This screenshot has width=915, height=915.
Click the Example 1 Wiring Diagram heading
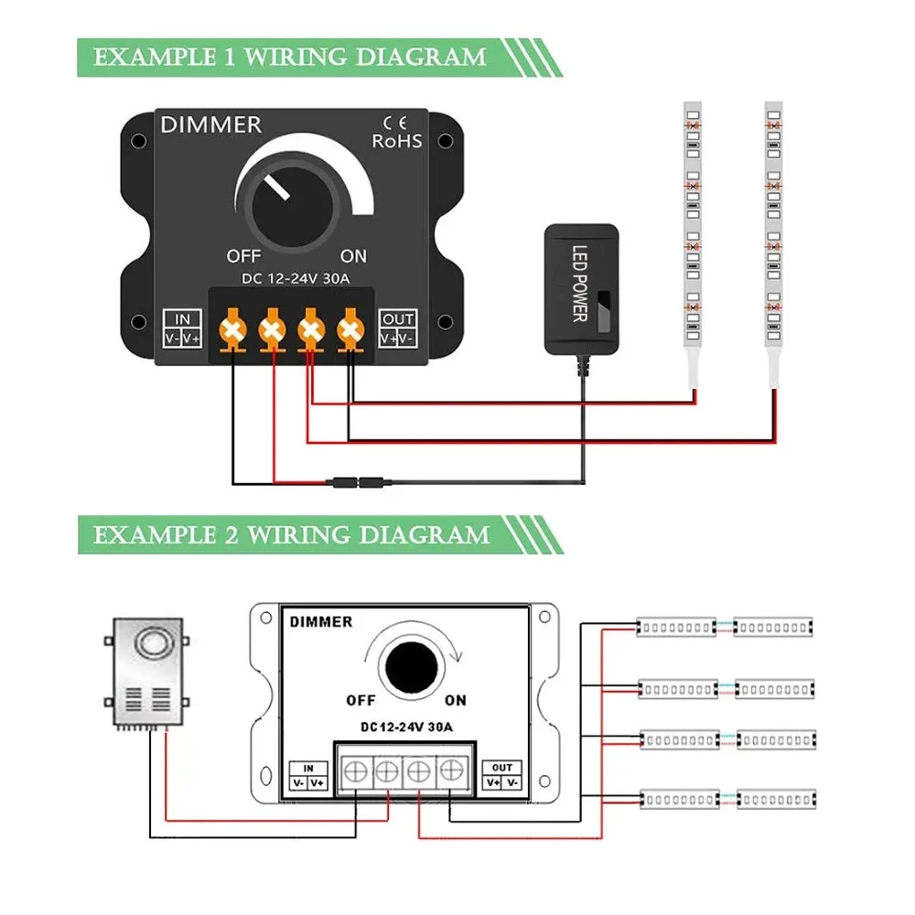[290, 57]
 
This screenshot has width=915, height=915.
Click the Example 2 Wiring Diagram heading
[291, 533]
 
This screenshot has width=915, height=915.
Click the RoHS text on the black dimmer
[397, 141]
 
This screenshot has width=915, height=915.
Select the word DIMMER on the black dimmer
[211, 125]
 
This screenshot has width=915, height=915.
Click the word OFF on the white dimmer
[361, 701]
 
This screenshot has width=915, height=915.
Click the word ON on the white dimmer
[455, 701]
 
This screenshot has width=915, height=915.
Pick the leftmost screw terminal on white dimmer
[355, 771]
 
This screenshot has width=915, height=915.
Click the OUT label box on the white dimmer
[503, 776]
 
